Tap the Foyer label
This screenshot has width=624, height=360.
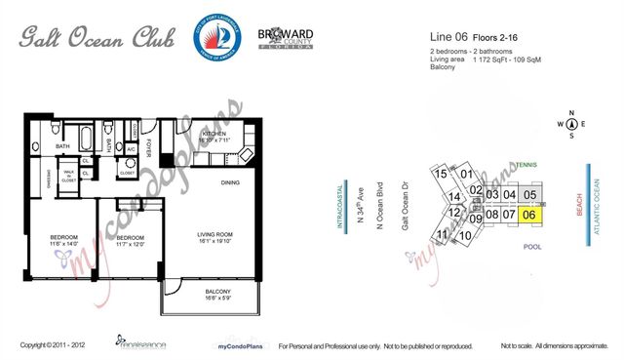148,147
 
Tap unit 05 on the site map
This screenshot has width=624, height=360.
529,193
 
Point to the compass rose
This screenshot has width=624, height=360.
571,123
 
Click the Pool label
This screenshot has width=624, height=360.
531,247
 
